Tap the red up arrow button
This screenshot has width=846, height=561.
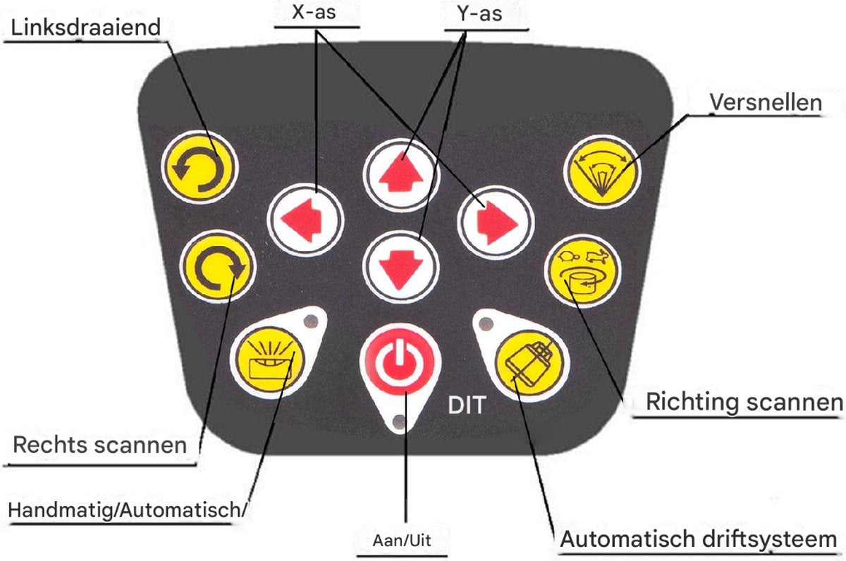402,174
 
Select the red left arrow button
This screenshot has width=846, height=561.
305,220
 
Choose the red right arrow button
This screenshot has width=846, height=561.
496,223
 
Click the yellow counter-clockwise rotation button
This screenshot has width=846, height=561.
200,167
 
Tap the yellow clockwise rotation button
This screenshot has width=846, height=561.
218,266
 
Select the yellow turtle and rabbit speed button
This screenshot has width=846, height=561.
583,271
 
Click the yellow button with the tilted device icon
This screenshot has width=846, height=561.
532,364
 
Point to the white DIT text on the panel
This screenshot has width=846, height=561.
467,405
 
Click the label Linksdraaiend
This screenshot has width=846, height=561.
86,28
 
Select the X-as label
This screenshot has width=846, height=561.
314,13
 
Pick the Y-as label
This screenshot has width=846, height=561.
479,14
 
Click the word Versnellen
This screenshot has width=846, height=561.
766,102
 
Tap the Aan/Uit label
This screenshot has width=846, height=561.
401,541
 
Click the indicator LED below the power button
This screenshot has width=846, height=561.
399,421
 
